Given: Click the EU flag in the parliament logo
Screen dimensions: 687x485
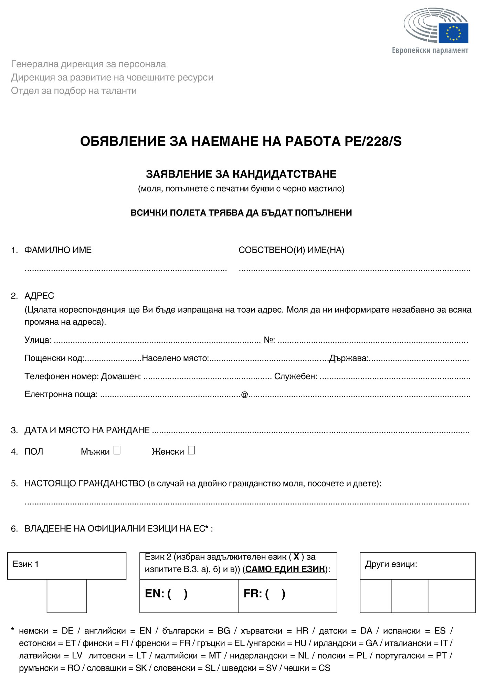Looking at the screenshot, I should [453, 33].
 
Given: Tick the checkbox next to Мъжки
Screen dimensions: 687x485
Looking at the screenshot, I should [117, 450].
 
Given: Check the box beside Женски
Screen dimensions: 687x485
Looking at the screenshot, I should [191, 450].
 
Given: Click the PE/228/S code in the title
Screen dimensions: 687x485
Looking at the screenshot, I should [373, 141].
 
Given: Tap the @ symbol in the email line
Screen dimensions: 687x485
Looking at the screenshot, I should [244, 394].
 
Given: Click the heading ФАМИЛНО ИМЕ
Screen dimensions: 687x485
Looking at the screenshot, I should [58, 250].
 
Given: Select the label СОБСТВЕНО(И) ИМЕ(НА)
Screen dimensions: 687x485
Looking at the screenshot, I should [291, 250].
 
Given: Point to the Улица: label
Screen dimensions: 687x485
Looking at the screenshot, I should [38, 340].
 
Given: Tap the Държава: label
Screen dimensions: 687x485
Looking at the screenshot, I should [349, 358].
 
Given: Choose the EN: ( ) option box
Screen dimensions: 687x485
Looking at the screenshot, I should [189, 596].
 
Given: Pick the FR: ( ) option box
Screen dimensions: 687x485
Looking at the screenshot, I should [287, 596].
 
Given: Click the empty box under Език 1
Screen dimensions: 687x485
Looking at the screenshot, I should [67, 596].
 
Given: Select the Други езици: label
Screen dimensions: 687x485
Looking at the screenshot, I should [391, 564].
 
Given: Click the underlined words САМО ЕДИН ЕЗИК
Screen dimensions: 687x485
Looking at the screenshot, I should [285, 569].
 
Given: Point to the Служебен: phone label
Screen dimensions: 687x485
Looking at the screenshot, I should [296, 376].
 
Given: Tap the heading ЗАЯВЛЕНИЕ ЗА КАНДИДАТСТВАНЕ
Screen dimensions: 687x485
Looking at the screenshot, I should [241, 174].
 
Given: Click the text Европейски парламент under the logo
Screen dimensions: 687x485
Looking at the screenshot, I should [430, 50].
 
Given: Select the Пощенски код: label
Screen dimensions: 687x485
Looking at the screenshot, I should [54, 358].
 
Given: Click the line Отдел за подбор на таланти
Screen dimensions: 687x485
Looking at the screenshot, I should [74, 91].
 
